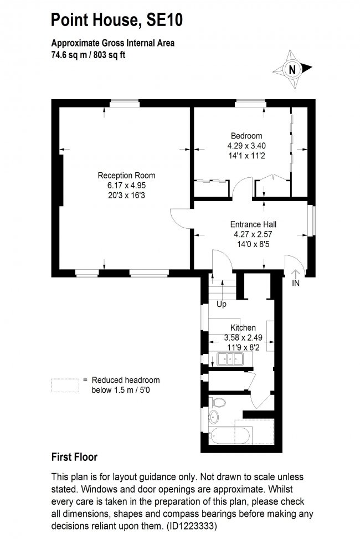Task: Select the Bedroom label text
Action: [x=246, y=136]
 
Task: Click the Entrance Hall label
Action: [x=253, y=224]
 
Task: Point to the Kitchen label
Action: [x=242, y=328]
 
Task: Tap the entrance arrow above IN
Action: [x=295, y=273]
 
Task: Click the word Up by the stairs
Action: [x=222, y=304]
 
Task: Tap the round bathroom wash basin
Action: [x=213, y=417]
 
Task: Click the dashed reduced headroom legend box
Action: [x=64, y=386]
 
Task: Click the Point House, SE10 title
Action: [x=116, y=20]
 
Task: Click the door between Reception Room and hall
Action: [x=180, y=217]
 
